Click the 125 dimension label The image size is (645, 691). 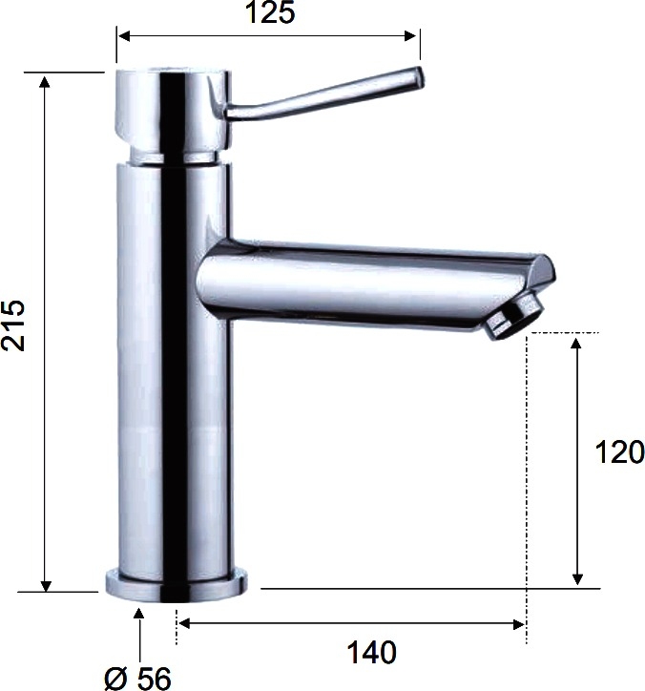pyautogui.click(x=270, y=12)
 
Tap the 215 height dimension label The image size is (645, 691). pyautogui.click(x=13, y=325)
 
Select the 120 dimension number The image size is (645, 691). pyautogui.click(x=619, y=452)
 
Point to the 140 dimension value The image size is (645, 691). pyautogui.click(x=372, y=652)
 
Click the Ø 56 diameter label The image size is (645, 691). pyautogui.click(x=138, y=679)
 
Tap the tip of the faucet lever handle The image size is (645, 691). pyautogui.click(x=420, y=75)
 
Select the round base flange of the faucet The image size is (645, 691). pyautogui.click(x=177, y=586)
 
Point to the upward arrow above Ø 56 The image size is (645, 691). pyautogui.click(x=139, y=636)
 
